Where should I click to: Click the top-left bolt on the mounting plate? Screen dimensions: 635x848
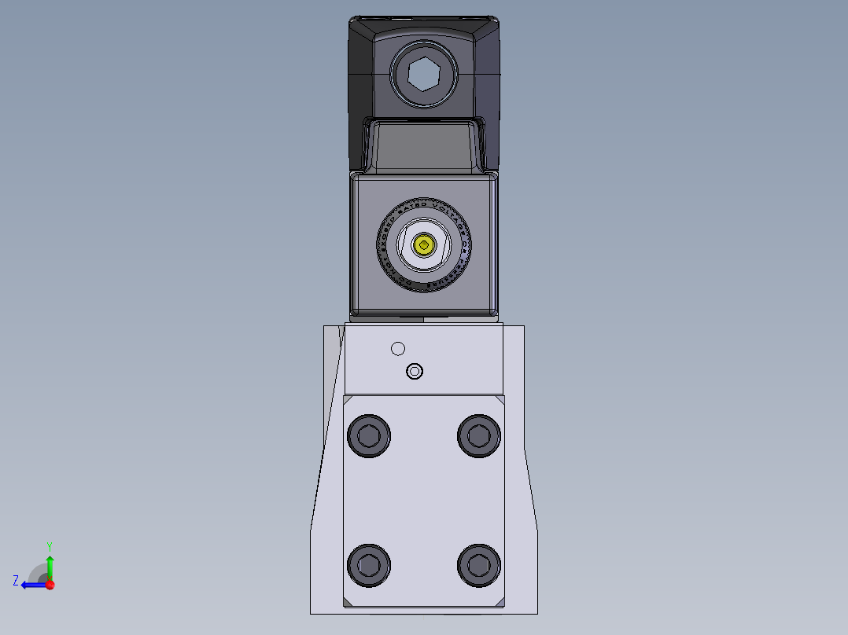point(368,435)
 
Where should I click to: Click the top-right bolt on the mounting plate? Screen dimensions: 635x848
point(479,435)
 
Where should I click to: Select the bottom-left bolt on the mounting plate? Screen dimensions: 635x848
point(368,563)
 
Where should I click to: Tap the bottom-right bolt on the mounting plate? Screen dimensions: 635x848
point(479,563)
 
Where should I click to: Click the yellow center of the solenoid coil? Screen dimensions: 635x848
point(425,246)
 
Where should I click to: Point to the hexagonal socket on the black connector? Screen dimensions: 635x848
point(424,75)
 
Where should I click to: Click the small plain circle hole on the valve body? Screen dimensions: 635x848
point(397,348)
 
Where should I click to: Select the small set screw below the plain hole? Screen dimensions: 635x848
point(414,370)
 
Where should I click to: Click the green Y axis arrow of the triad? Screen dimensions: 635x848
point(50,564)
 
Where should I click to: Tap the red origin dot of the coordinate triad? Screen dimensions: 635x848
point(50,585)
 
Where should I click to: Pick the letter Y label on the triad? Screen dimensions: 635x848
point(50,545)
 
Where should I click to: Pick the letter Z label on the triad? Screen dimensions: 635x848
point(16,581)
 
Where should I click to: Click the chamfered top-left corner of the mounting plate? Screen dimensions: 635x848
point(347,398)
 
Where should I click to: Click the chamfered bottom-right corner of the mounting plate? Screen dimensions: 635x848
point(501,604)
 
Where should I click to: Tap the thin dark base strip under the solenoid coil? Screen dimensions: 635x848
point(425,318)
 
